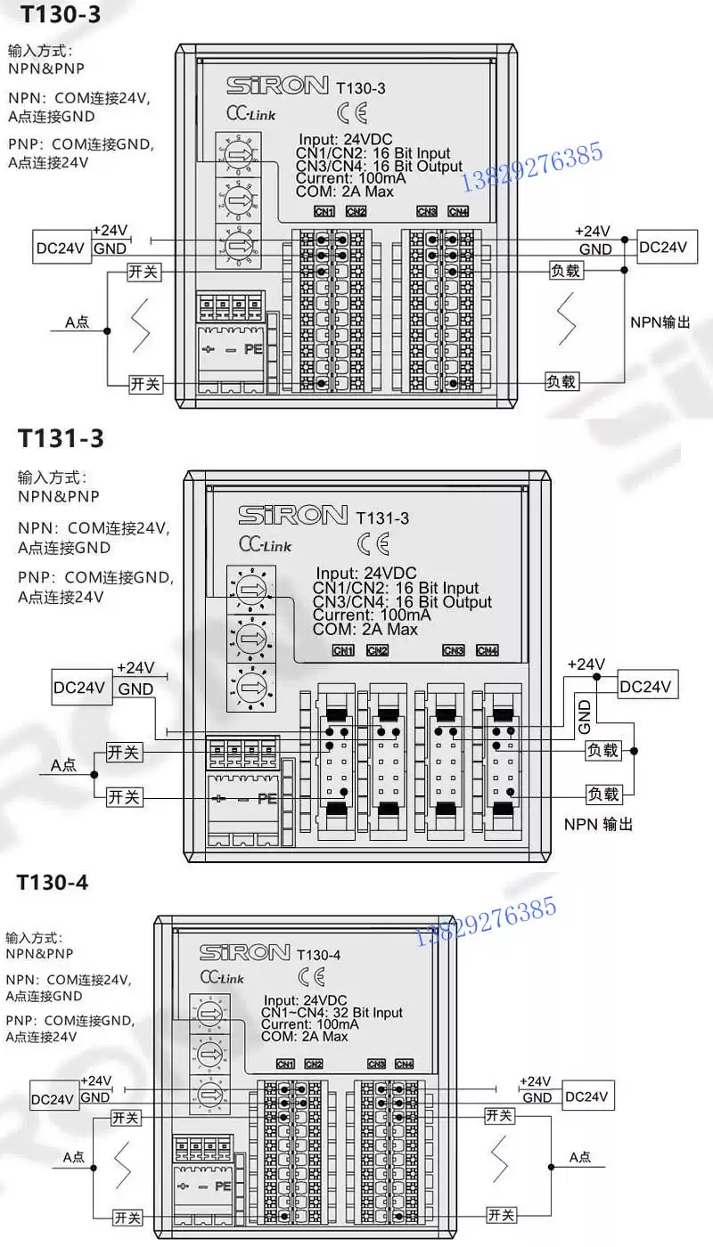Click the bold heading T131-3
click(61, 438)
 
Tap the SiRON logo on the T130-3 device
click(277, 86)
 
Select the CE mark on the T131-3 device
click(373, 543)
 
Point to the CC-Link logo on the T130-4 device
click(222, 977)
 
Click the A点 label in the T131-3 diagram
click(63, 764)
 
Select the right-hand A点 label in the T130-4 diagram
click(580, 1157)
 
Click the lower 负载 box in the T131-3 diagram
click(602, 794)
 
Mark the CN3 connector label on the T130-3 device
click(427, 211)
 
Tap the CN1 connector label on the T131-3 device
click(343, 650)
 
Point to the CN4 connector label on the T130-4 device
click(404, 1064)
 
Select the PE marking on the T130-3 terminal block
click(253, 349)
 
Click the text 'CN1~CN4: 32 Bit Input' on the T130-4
click(332, 1013)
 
